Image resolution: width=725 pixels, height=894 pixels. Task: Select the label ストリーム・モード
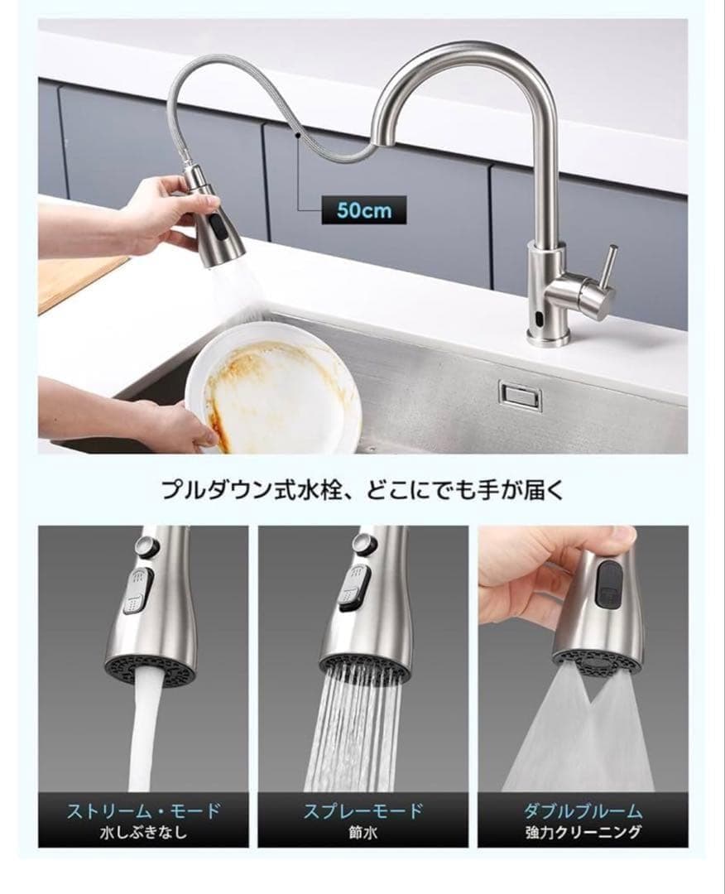[x=143, y=810]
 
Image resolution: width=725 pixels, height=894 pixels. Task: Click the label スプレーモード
[x=362, y=810]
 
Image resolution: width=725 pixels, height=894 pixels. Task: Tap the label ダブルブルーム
[x=583, y=810]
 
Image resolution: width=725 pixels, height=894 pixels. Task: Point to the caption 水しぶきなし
[x=143, y=832]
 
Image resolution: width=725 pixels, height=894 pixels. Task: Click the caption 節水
[x=362, y=832]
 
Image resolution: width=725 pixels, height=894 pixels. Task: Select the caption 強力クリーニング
[x=583, y=832]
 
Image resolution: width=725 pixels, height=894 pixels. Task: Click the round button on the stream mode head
[x=146, y=546]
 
